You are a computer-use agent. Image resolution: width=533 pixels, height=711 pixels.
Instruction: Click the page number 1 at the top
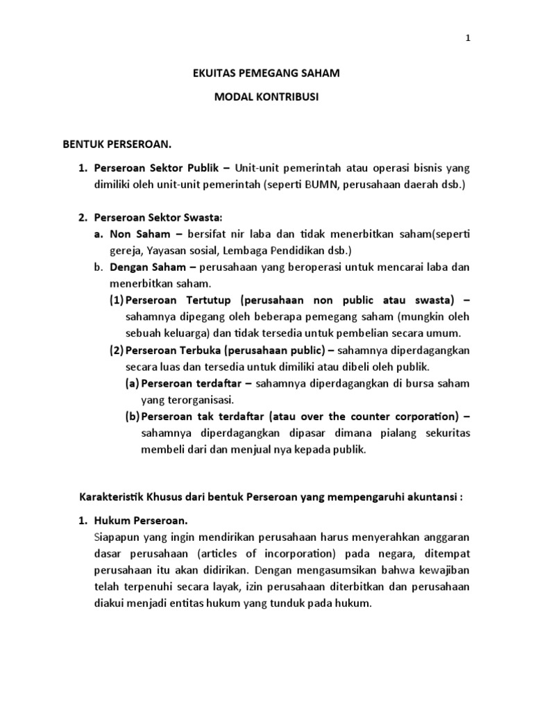point(468,40)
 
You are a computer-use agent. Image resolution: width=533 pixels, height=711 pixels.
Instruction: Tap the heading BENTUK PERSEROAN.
point(117,144)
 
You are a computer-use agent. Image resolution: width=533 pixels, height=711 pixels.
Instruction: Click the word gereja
point(126,250)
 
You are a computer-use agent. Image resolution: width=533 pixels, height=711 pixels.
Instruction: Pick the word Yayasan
point(170,250)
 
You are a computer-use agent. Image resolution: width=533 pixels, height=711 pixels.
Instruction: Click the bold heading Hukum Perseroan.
point(141,521)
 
